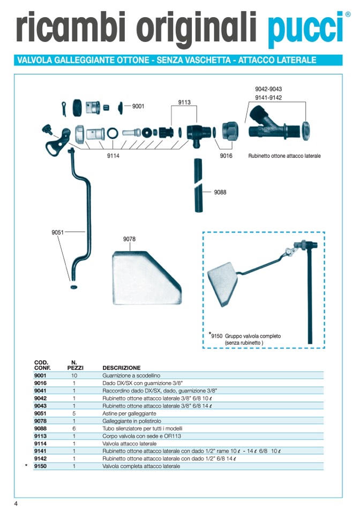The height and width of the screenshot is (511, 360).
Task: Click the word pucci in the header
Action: coord(304,28)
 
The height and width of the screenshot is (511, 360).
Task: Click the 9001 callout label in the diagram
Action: coord(138,106)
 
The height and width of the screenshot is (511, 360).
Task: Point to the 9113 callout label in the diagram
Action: coord(184,102)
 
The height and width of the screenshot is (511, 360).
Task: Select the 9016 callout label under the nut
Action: coord(226,156)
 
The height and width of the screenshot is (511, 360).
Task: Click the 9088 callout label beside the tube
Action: coord(220,192)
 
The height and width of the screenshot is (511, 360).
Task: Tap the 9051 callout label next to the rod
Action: coord(58,232)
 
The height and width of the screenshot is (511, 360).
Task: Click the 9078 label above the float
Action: coord(129,240)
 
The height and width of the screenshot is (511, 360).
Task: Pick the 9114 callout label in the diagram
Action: coord(112,156)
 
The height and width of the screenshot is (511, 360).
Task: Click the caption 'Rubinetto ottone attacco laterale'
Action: coord(284,156)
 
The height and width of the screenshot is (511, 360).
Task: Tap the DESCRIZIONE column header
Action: coord(122,368)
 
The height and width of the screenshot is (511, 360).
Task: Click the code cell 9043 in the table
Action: coord(41,406)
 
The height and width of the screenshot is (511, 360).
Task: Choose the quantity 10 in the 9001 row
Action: coord(74,376)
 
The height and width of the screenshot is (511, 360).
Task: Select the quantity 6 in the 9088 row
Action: coord(74,428)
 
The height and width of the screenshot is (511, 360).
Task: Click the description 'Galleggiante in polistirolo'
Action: coord(129,421)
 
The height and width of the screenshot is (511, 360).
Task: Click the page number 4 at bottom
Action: coord(16,503)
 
